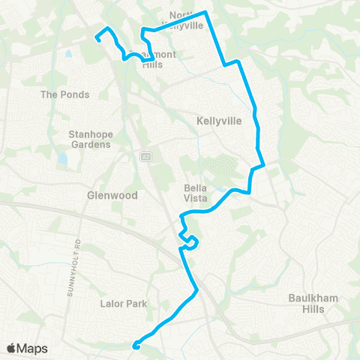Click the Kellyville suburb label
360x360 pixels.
point(219,120)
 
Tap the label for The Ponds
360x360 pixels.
point(64,94)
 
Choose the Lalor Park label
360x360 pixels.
point(124,304)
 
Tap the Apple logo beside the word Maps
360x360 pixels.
point(11,348)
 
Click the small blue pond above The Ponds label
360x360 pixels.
point(69,55)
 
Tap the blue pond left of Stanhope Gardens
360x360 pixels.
point(62,159)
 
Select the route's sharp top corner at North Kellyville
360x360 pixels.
point(206,13)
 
